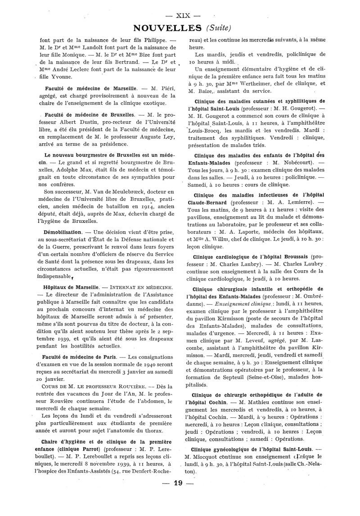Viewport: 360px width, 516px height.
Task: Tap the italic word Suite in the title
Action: (219, 28)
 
